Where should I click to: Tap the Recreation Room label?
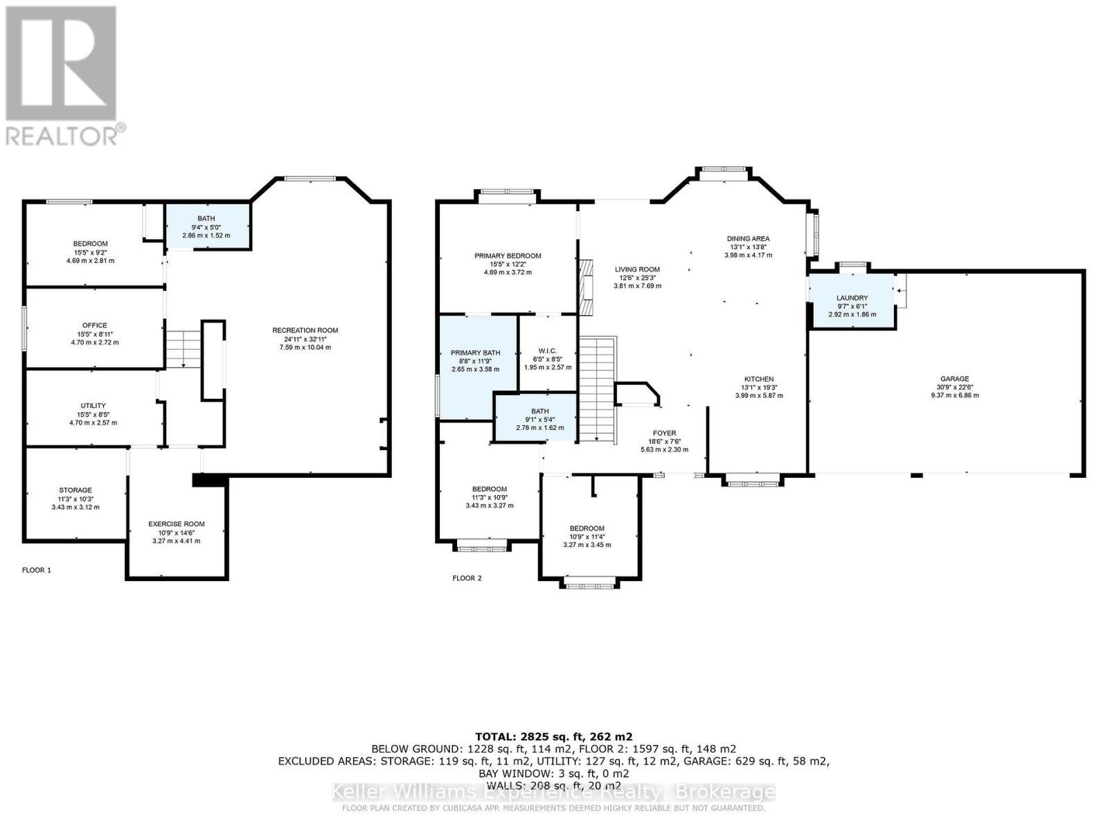[305, 339]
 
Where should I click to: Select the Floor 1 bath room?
[206, 226]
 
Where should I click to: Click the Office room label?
[94, 333]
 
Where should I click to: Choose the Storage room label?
[75, 499]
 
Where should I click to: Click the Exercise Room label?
[176, 532]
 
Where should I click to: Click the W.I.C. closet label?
[547, 359]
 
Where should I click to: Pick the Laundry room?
[852, 305]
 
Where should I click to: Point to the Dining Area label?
[748, 247]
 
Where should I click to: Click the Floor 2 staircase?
[597, 388]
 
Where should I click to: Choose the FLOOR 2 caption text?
[467, 578]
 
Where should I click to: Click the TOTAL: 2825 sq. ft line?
[553, 736]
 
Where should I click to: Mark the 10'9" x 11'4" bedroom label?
[587, 536]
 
